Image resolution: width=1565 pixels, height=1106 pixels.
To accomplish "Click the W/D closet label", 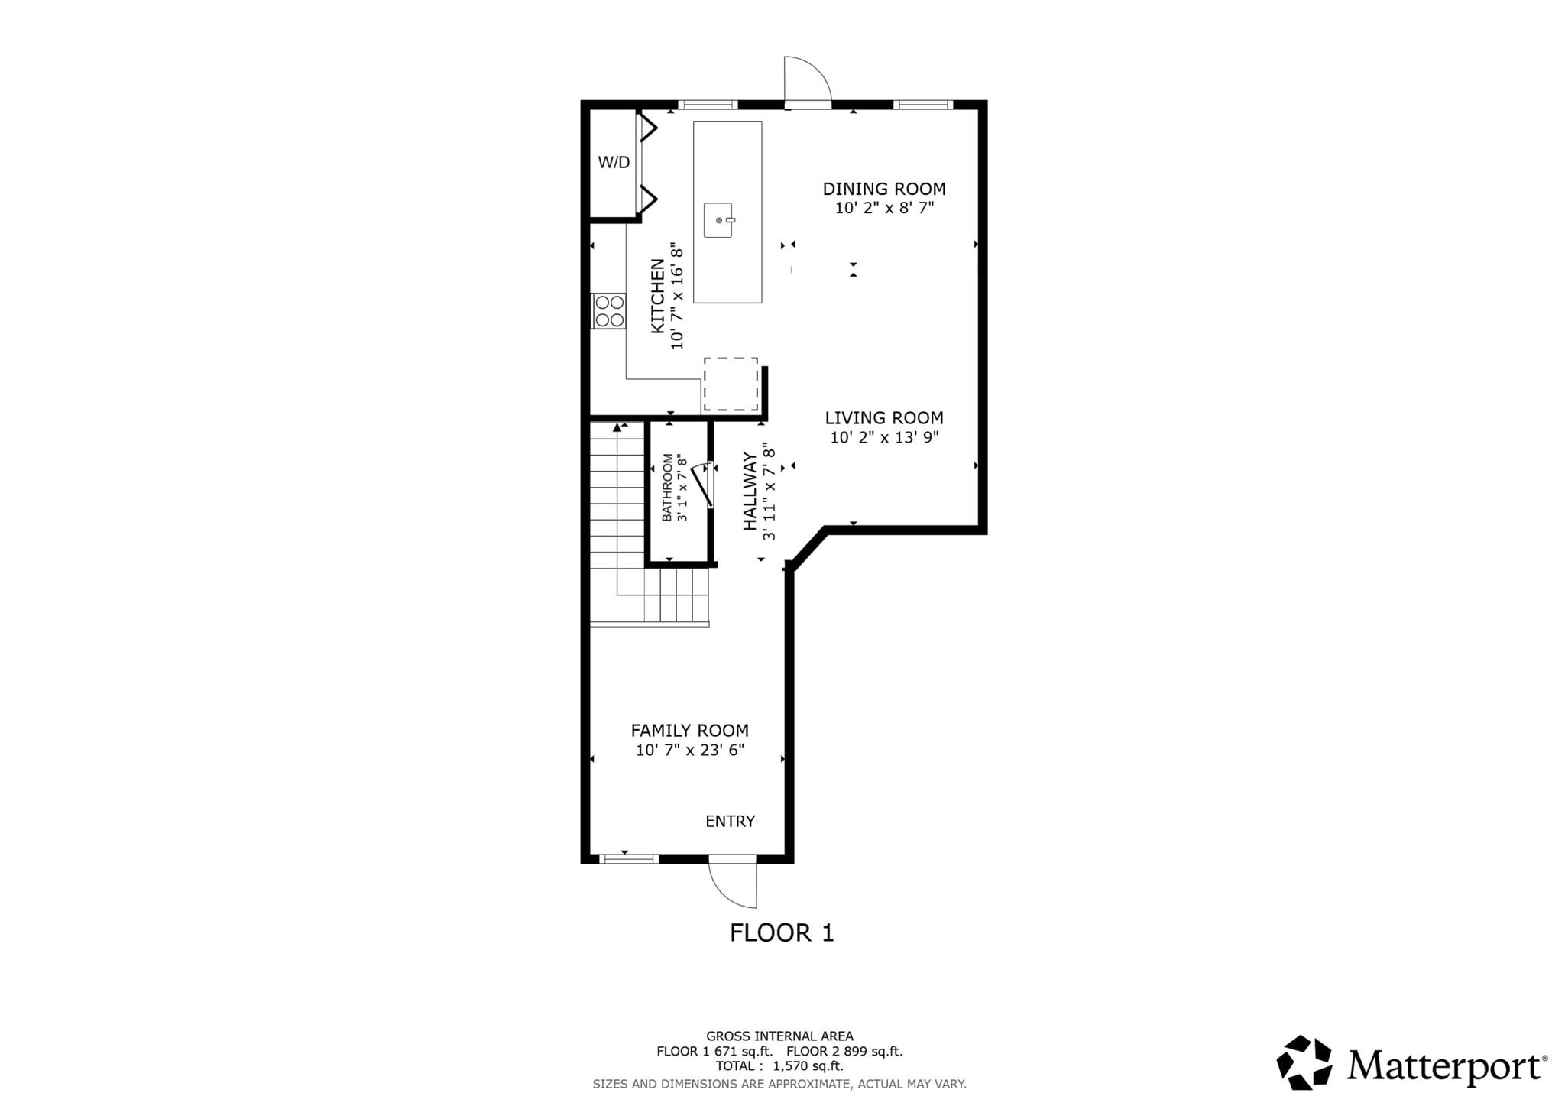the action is pos(614,162).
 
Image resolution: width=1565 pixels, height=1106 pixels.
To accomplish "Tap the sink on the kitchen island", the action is pos(718,220).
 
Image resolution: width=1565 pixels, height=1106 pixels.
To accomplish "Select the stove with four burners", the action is pos(609,311).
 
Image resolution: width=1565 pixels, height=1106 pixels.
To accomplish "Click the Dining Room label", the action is pos(884,189).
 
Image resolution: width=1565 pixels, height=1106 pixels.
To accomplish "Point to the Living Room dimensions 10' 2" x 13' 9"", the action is pos(884,437).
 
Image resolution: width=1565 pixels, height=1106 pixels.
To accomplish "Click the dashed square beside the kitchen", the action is pos(731,384).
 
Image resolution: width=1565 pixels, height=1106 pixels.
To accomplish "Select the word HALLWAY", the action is pos(750,491).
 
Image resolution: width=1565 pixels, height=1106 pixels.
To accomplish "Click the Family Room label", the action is pos(689,731).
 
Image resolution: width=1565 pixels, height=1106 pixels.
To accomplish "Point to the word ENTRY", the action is pos(730,821).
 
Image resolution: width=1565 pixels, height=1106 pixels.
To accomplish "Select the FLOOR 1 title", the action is pos(782,932).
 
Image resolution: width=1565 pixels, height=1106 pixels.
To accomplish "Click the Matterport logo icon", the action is pos(1304,1062).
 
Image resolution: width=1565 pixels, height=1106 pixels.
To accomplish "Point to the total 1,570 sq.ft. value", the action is pos(808,1066).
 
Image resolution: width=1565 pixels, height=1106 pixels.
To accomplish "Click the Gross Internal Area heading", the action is pos(779,1036).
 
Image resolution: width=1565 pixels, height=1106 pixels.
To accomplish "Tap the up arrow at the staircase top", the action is pos(617,428).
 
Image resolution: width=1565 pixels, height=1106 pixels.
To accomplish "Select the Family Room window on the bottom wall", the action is pos(628,859).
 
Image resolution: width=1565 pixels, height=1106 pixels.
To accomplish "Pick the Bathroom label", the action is pos(667,488).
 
